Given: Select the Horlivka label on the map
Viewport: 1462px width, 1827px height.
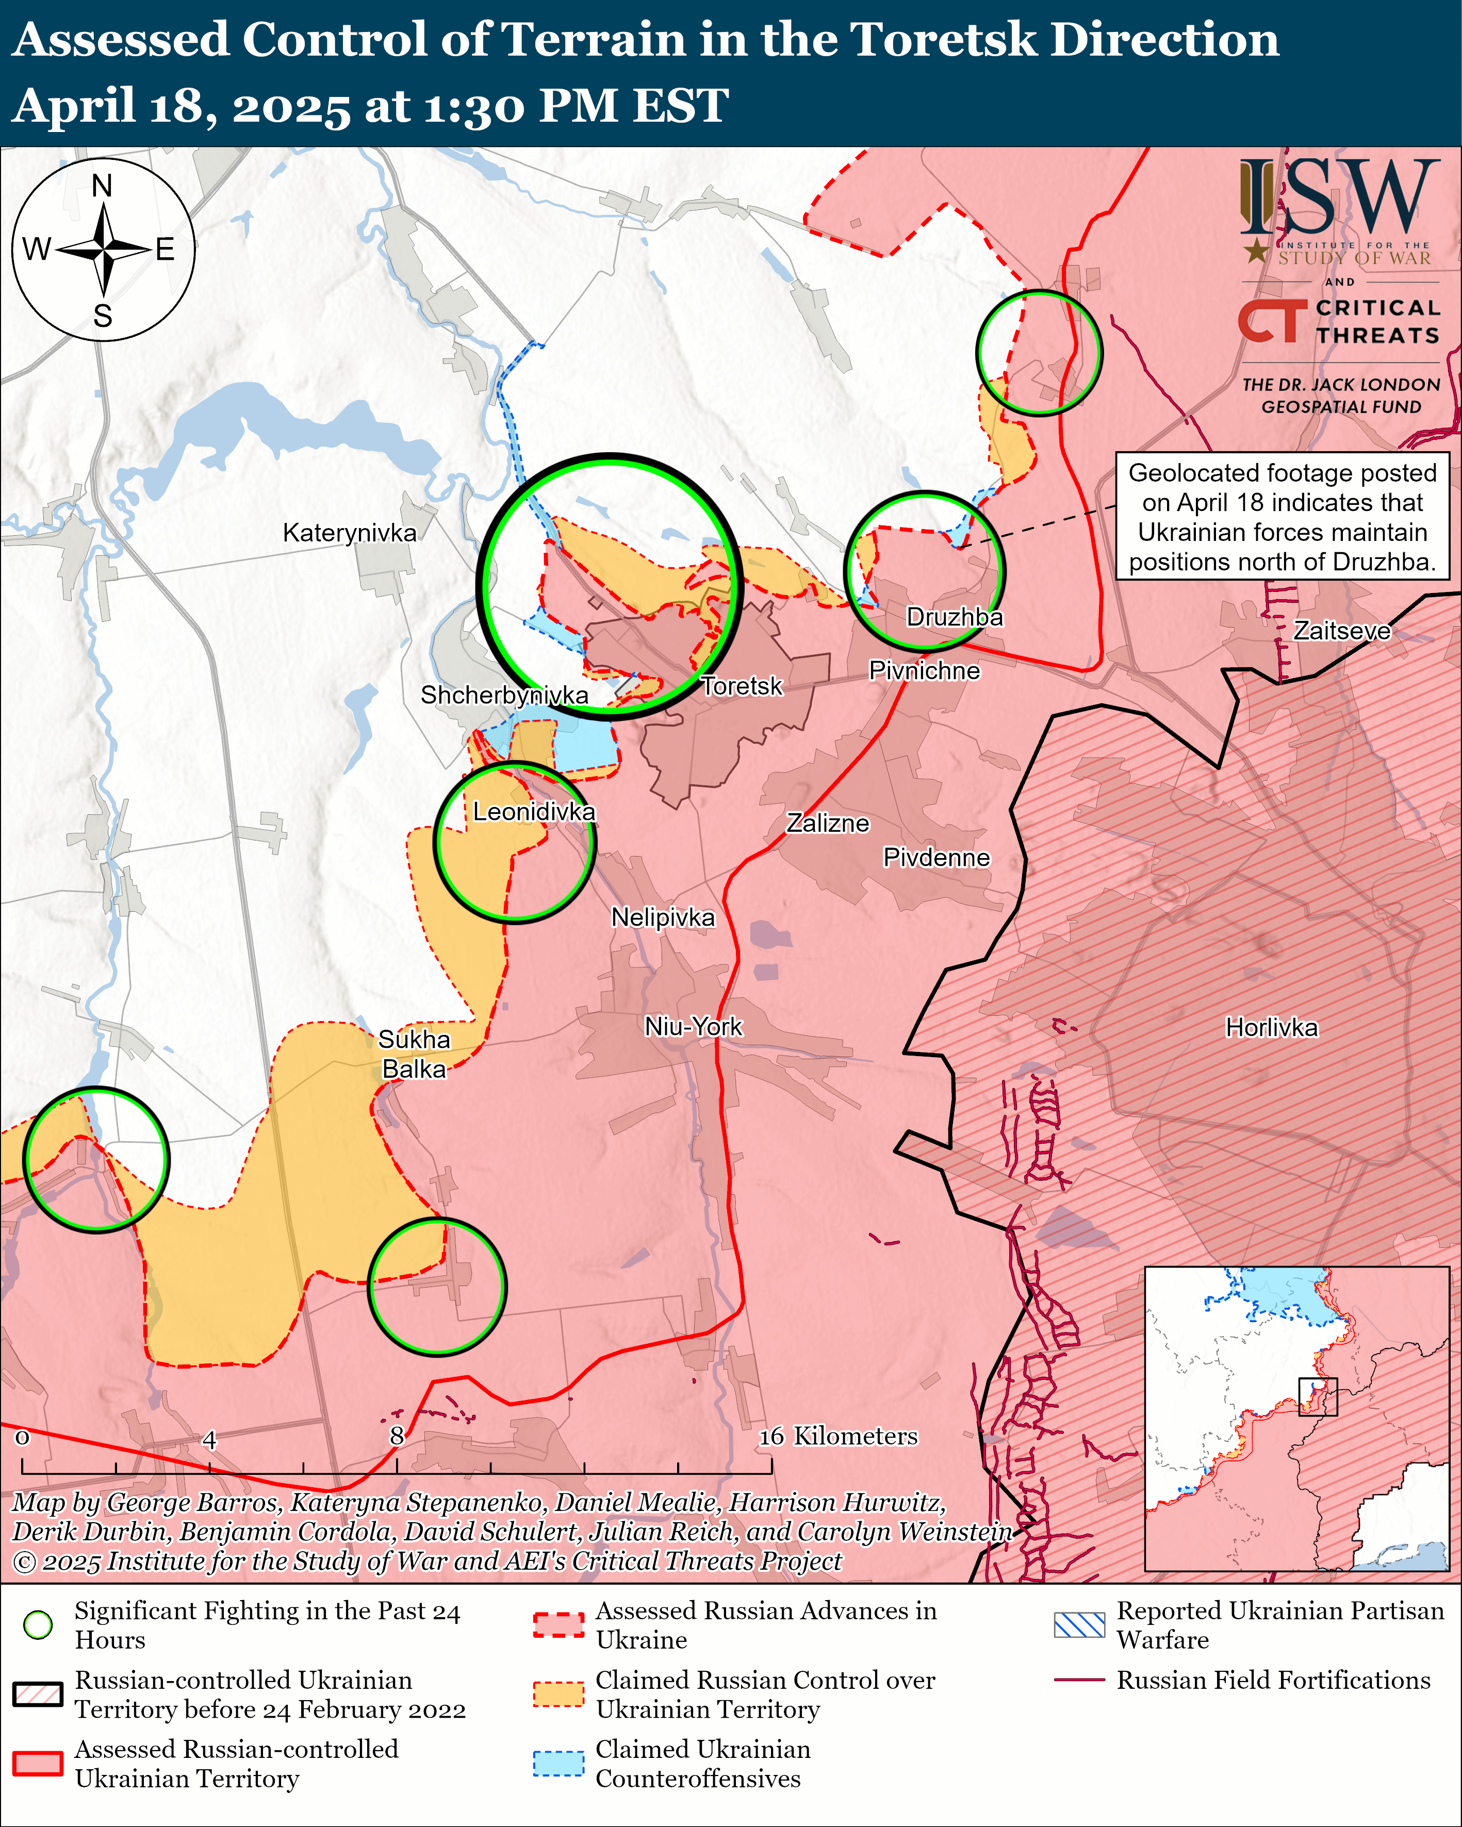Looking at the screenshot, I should point(1271,1028).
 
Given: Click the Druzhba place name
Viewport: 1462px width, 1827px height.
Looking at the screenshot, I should point(955,617).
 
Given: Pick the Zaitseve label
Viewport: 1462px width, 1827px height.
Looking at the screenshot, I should point(1342,631).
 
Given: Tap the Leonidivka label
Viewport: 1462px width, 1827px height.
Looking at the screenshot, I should point(534,812).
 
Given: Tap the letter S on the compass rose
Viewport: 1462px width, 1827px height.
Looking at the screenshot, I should point(103,316).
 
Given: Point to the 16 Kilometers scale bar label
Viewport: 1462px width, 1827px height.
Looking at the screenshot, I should point(837,1436).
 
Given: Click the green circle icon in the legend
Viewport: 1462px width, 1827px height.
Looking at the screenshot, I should point(38,1624).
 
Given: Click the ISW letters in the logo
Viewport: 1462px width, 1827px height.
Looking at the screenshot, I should point(1339,197).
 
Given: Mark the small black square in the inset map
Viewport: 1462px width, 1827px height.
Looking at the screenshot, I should point(1318,1396).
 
